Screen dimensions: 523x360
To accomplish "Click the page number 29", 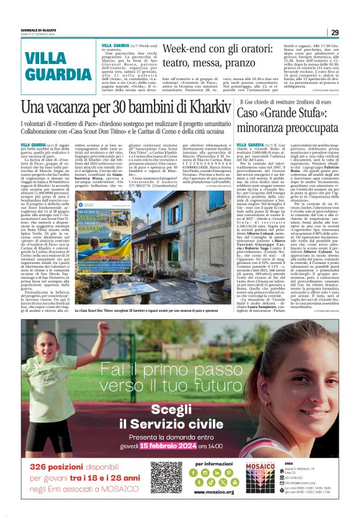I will point(334,32).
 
